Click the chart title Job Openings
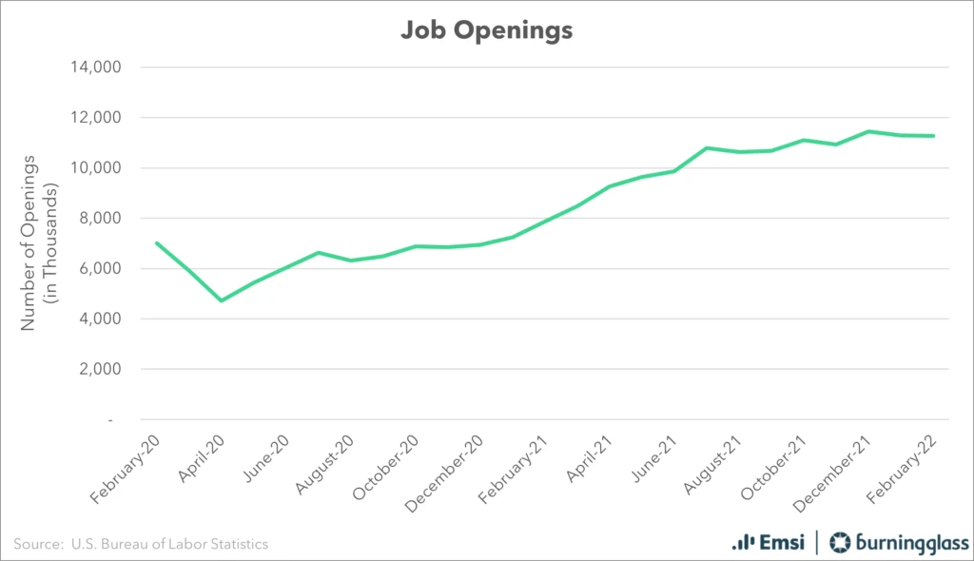486,30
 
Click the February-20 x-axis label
124,467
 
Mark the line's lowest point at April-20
222,300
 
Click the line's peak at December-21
868,131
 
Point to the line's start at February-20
156,242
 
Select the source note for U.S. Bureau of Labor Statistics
141,544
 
